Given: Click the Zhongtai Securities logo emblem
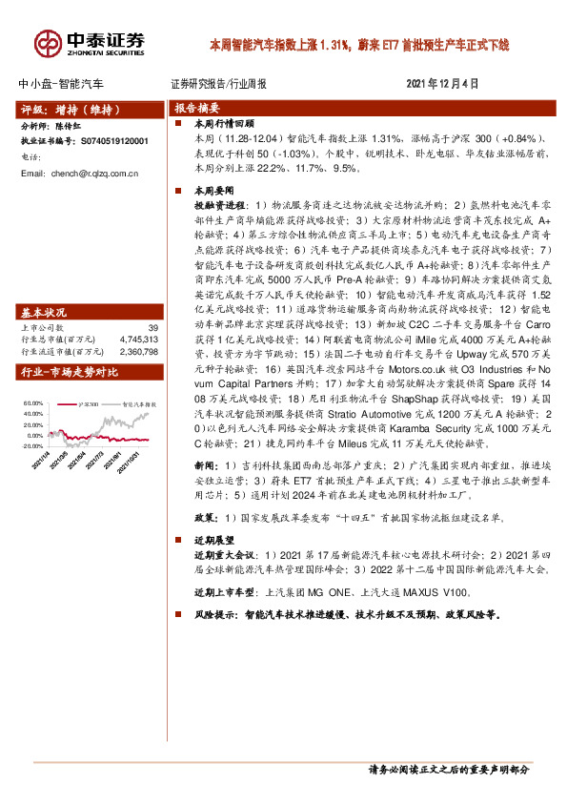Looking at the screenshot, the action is coord(49,43).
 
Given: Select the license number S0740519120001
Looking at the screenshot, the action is coord(113,141).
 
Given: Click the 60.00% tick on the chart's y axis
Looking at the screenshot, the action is coord(31,402).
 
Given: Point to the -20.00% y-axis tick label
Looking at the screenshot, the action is coord(31,444).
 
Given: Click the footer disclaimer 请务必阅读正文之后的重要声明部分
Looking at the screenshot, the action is coord(448,770).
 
